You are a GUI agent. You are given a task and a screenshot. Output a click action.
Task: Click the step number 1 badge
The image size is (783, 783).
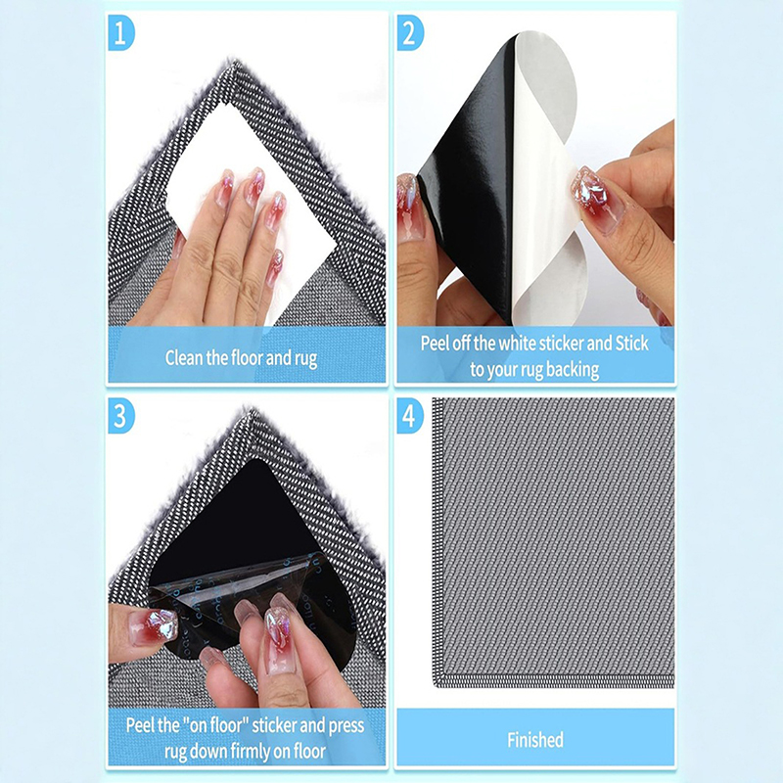(x=120, y=33)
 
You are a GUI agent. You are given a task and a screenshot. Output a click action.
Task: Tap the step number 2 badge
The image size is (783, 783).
(x=409, y=33)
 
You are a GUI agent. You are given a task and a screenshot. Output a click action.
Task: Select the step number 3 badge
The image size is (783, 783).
(x=120, y=415)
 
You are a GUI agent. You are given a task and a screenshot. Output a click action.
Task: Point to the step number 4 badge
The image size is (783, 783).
(x=409, y=415)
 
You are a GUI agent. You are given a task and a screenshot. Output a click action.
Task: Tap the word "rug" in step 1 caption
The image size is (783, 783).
(x=304, y=359)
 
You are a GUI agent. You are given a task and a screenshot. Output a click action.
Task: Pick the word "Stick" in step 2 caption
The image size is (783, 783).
(x=631, y=344)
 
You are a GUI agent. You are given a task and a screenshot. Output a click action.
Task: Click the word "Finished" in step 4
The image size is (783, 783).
(x=535, y=740)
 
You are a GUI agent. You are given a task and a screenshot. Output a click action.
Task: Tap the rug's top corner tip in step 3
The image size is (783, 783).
(x=250, y=411)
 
